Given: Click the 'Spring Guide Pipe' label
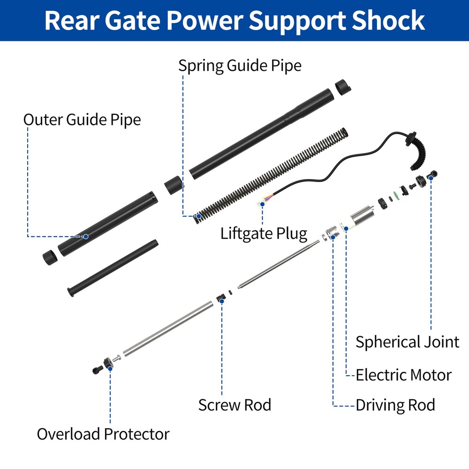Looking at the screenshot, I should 239,66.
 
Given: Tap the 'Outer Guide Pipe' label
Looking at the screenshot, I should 82,120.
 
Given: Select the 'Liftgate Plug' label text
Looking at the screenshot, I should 264,233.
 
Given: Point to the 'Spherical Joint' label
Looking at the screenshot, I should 407,341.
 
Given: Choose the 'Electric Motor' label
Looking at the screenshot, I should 403,375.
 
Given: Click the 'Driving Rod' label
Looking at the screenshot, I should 395,404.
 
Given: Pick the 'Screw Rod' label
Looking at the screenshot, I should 234,404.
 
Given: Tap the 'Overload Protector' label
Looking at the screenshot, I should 103,434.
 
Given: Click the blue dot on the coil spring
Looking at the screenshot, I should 199,216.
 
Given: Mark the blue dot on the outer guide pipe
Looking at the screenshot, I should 86,236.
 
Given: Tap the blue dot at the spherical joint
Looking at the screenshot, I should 431,179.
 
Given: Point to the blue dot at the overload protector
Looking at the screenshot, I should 110,369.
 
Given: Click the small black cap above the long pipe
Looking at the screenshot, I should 344,87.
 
